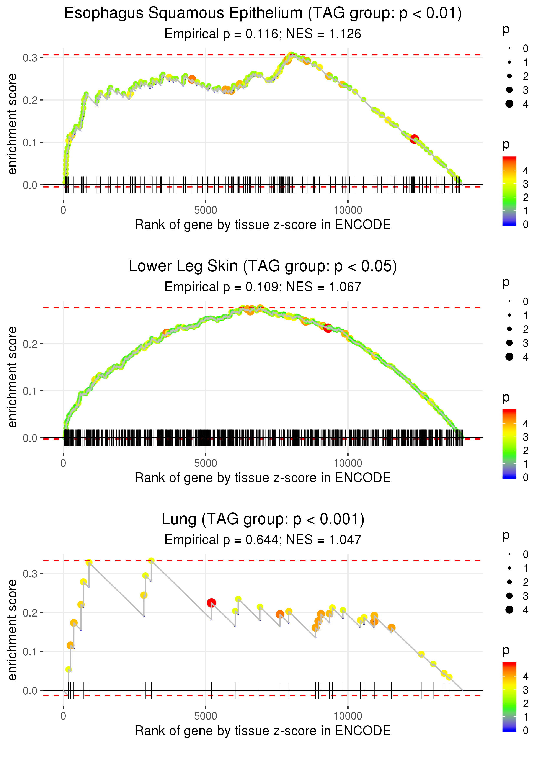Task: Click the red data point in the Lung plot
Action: click(x=211, y=603)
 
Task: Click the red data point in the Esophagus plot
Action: click(x=414, y=139)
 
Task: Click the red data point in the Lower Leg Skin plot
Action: click(x=328, y=328)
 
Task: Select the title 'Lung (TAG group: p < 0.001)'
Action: click(x=263, y=519)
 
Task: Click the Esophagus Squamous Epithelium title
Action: click(x=263, y=13)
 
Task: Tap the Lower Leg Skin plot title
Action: click(x=263, y=266)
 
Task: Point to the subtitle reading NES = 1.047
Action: click(x=263, y=540)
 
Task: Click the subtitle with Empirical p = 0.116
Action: click(x=263, y=34)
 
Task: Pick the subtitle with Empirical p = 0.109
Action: click(x=263, y=287)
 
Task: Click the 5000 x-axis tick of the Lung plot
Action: click(x=206, y=716)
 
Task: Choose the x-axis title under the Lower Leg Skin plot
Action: click(x=263, y=478)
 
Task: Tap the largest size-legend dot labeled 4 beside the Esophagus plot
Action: click(x=509, y=104)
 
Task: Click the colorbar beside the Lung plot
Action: click(x=509, y=697)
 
